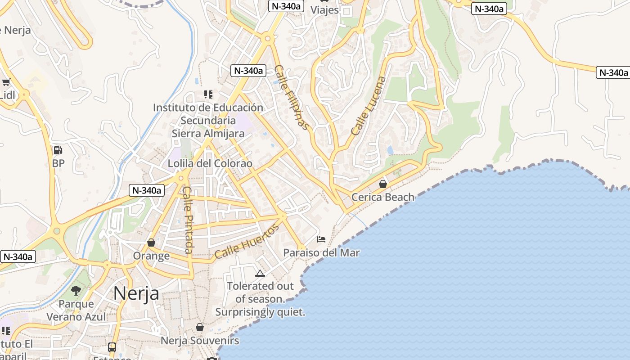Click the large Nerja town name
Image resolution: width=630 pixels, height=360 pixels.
click(136, 293)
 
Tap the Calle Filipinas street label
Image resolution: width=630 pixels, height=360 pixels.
click(292, 98)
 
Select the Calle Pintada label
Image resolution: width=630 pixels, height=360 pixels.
click(188, 220)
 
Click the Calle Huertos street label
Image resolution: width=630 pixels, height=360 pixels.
click(246, 242)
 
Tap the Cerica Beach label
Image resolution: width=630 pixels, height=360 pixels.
click(382, 197)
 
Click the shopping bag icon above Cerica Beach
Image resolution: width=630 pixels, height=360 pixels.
click(382, 184)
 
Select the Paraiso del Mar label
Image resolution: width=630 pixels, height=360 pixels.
click(321, 252)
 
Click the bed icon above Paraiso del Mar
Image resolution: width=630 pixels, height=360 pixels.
click(321, 239)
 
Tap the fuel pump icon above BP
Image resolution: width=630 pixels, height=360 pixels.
click(58, 150)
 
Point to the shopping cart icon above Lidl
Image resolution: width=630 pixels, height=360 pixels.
click(6, 82)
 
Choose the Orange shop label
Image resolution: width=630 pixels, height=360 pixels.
click(151, 256)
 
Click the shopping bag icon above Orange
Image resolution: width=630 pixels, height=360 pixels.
click(151, 243)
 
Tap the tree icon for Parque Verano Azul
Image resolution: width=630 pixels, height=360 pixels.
click(76, 291)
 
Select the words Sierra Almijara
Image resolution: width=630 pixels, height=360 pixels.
click(208, 133)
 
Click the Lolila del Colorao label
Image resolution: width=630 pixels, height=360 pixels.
click(210, 163)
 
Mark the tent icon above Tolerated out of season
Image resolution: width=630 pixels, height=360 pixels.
click(260, 273)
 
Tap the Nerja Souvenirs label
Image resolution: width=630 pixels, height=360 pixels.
click(200, 341)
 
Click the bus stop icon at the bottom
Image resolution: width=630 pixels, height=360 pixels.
click(112, 347)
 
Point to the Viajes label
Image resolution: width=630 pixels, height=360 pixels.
click(324, 10)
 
